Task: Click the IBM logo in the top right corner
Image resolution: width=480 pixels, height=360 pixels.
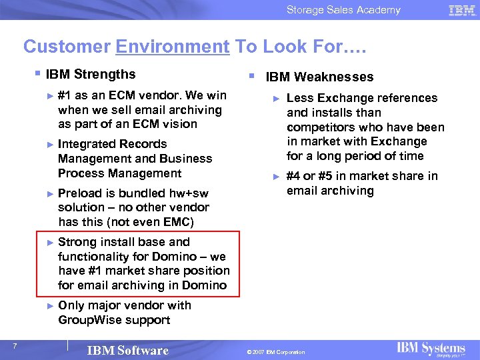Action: [461, 10]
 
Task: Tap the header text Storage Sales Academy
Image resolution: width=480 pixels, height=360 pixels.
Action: [343, 10]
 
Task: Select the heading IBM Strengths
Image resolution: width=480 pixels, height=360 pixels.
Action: [91, 74]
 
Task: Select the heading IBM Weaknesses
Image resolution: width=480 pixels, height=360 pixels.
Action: [319, 77]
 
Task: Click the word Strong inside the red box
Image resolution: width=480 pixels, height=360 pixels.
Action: [76, 242]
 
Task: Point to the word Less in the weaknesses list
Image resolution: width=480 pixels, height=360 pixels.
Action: [299, 98]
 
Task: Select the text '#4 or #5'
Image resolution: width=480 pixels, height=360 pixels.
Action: [310, 176]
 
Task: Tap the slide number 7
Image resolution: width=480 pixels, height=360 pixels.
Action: [15, 345]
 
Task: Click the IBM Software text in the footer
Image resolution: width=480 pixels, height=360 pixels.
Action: [128, 351]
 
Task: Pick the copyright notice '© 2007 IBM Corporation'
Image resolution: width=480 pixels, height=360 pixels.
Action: [275, 352]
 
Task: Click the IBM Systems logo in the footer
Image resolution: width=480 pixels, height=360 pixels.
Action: [431, 349]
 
